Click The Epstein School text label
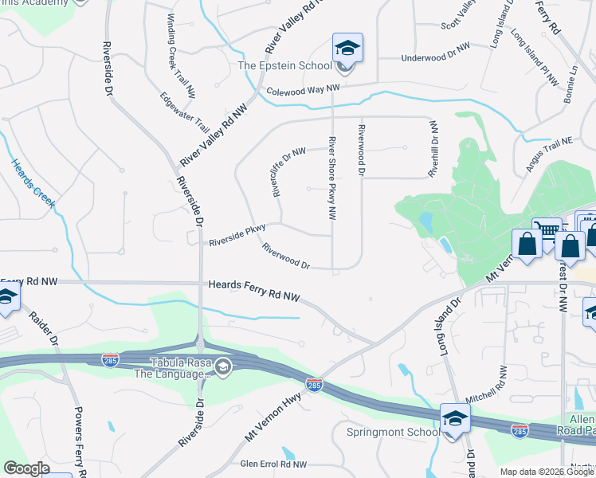click(x=284, y=65)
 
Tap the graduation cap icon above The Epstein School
click(x=347, y=49)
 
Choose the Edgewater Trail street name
click(x=184, y=113)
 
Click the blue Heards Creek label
click(x=33, y=183)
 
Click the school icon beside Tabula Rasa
click(x=224, y=366)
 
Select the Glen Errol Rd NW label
click(x=273, y=464)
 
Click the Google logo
click(x=26, y=468)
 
